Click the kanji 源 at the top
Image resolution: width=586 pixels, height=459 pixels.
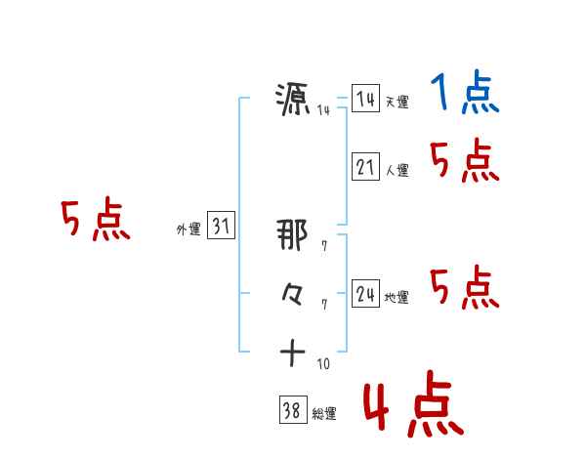293,100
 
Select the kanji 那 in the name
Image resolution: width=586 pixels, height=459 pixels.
293,234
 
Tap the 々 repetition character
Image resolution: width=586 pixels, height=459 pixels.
293,294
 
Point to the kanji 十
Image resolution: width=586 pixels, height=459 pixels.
293,353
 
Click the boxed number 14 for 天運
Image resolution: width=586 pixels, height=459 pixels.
365,100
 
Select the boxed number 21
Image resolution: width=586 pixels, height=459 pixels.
365,168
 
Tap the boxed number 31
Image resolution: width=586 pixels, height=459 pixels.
221,228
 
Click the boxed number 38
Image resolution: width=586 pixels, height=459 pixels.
291,411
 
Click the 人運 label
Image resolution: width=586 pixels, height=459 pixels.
397,171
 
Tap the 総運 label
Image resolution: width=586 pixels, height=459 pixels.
323,414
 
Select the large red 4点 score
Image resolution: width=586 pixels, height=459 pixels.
411,406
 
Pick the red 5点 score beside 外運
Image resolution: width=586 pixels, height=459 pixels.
95,220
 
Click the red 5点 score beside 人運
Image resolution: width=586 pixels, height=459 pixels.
464,161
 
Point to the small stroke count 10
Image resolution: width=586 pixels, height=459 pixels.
323,364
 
